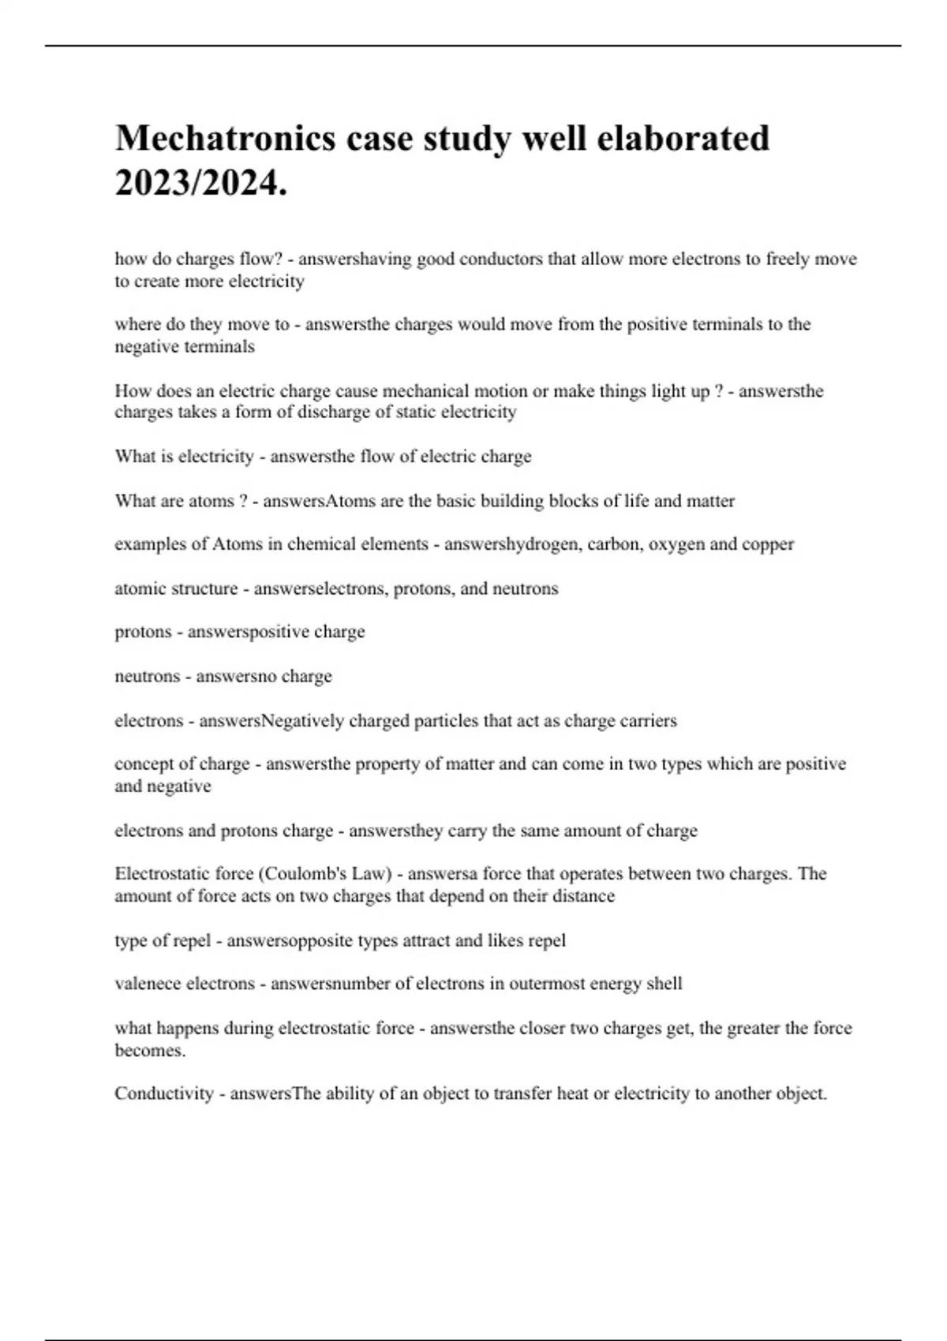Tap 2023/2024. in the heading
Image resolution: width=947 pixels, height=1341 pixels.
click(200, 185)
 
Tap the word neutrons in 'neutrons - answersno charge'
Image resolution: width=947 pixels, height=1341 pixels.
click(148, 677)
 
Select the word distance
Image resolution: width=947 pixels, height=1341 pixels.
click(585, 896)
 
